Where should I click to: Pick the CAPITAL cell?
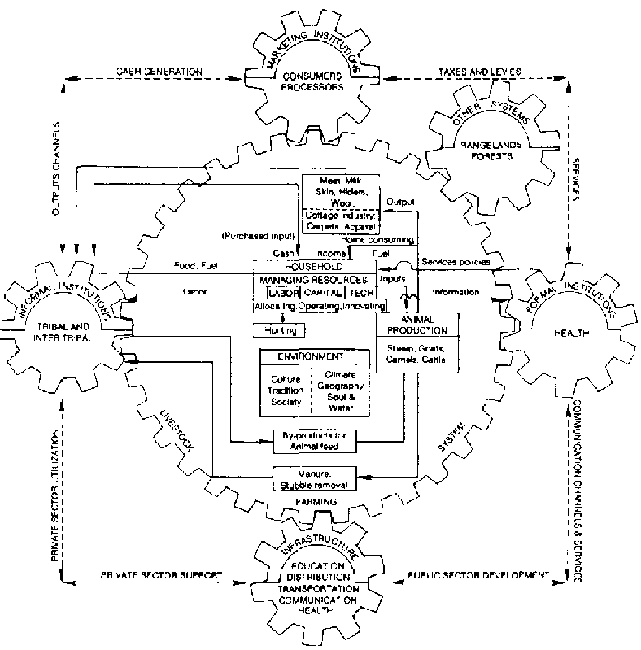(322, 293)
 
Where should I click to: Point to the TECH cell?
(360, 293)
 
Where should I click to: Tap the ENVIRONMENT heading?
(310, 356)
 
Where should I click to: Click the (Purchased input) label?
(255, 235)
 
